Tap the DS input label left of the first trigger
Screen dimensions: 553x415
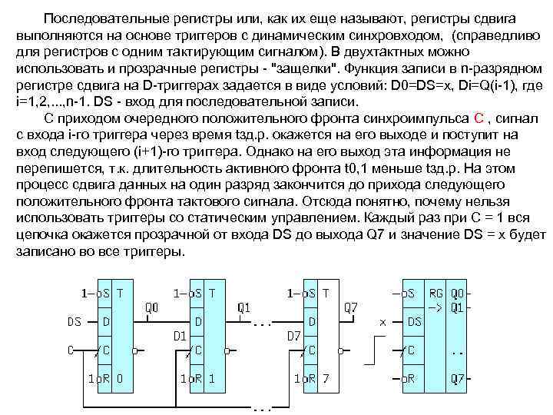point(75,321)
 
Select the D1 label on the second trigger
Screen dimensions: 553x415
point(179,335)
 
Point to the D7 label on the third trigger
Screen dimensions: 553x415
point(293,335)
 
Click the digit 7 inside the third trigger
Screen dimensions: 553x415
point(326,378)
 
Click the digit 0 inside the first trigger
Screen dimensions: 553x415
point(119,378)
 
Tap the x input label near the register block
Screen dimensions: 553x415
point(382,321)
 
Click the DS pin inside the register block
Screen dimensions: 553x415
point(414,321)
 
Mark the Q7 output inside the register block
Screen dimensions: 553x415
point(458,378)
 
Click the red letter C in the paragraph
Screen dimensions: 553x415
point(478,117)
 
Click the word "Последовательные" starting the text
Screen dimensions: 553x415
point(94,17)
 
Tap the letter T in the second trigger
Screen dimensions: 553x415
point(212,293)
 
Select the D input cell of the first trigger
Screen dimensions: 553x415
point(104,321)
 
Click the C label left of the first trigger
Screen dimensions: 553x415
point(70,350)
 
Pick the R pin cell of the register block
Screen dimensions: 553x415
point(410,378)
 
